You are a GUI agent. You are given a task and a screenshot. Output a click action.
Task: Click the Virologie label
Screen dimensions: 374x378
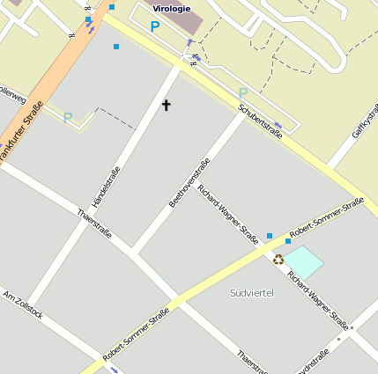pos(171,9)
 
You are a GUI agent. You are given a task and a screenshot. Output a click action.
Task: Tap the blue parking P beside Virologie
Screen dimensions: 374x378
pos(155,26)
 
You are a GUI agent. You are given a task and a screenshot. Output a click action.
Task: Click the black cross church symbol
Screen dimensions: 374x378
pos(166,106)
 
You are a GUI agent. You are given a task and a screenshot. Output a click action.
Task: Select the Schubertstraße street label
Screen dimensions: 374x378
pos(260,122)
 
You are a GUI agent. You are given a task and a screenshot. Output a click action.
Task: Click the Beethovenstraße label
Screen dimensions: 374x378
pos(189,183)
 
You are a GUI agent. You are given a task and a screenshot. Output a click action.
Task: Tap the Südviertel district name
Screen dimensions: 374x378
pos(252,292)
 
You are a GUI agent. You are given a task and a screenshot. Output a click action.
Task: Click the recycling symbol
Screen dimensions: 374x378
pos(278,260)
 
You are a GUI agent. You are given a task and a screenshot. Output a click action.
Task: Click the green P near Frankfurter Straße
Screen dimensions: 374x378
pos(67,117)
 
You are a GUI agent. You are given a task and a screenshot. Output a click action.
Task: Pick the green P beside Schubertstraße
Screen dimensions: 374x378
pos(243,92)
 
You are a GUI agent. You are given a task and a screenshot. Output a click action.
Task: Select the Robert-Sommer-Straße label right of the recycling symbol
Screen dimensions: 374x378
pos(326,217)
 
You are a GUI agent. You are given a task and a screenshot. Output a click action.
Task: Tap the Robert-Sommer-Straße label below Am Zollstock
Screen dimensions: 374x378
pos(136,340)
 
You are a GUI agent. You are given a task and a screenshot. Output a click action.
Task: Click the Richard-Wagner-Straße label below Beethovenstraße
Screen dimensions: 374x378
pos(228,213)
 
